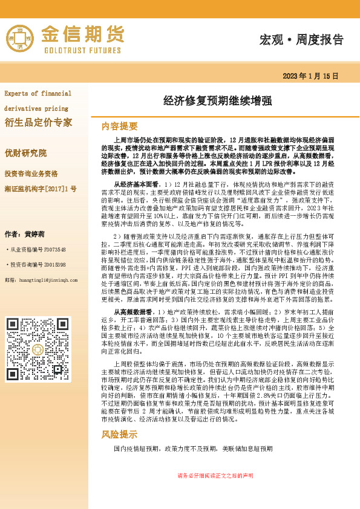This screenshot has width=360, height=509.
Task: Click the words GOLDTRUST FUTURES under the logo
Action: pyautogui.click(x=83, y=50)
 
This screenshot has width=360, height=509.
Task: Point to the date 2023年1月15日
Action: pyautogui.click(x=310, y=76)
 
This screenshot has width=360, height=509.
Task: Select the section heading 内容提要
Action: pyautogui.click(x=119, y=126)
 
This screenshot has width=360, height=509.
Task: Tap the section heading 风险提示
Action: pyautogui.click(x=119, y=434)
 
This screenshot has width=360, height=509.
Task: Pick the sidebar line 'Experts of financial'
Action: pyautogui.click(x=38, y=93)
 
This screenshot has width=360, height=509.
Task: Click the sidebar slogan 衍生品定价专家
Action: pyautogui.click(x=38, y=123)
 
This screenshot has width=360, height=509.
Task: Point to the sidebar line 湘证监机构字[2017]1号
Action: pyautogui.click(x=41, y=189)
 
